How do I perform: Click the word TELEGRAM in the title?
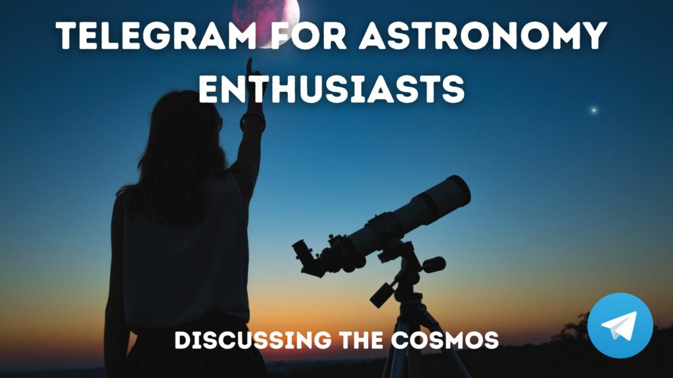156,35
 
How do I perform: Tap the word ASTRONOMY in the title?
483,35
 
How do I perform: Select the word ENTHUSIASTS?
332,89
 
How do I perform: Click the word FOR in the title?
308,35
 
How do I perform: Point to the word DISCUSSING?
253,340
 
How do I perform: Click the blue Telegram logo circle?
620,325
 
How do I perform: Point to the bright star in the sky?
593,110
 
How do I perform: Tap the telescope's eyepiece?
306,258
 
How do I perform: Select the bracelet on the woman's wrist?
252,120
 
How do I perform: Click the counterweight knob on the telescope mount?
434,264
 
